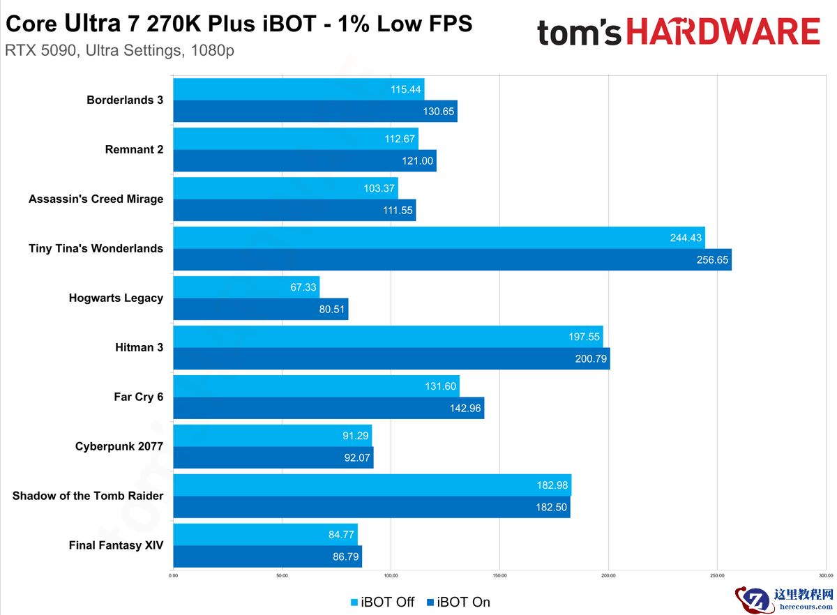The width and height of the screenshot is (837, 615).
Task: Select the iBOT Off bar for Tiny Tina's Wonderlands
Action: (x=439, y=238)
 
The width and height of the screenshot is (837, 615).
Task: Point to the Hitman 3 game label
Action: (x=139, y=347)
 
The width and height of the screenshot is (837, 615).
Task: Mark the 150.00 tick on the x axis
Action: (x=500, y=575)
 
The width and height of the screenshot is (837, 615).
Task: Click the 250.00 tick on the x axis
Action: (x=718, y=575)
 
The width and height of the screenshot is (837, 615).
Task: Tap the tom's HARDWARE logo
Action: (x=678, y=32)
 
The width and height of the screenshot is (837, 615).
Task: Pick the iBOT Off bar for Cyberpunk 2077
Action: (x=272, y=436)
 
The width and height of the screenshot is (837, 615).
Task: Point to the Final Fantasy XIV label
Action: (x=116, y=545)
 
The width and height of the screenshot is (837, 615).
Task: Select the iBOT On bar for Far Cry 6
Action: (x=329, y=409)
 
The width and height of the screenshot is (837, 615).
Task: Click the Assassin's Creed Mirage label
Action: (x=96, y=199)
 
